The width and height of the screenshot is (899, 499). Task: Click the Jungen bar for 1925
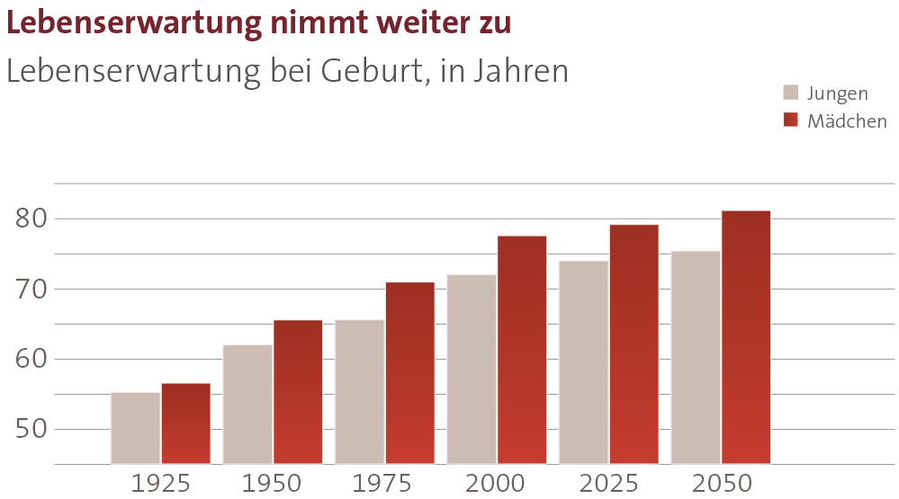[135, 428]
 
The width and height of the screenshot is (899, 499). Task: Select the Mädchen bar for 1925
[186, 423]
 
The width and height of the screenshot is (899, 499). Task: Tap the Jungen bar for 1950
[247, 404]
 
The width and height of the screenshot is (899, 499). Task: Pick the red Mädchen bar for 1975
[409, 373]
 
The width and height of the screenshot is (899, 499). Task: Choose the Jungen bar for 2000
[471, 369]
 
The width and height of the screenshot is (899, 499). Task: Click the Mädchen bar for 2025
[634, 344]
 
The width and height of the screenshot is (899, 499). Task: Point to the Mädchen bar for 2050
[745, 337]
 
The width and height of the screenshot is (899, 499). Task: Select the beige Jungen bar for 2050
[696, 357]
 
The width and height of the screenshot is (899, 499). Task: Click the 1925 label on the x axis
[160, 484]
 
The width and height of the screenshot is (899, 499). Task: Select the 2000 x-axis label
[496, 484]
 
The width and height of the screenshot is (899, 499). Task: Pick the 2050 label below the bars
[722, 484]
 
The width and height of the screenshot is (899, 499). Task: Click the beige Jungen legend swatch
[791, 93]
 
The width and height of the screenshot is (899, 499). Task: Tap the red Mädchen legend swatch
[791, 120]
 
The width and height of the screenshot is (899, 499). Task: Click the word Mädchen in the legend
[847, 121]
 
